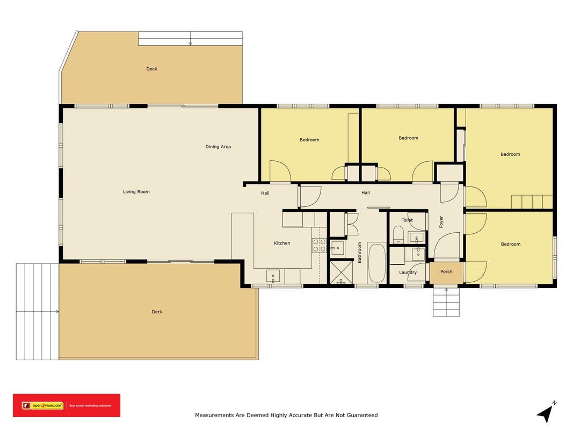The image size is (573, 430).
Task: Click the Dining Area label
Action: (x=218, y=147)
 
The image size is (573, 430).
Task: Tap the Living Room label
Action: (x=136, y=191)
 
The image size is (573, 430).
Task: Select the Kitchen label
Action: (x=282, y=243)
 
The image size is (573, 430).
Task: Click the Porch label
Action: (x=446, y=271)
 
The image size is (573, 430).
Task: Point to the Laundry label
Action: (x=408, y=273)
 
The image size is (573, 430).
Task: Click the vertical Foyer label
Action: (x=441, y=222)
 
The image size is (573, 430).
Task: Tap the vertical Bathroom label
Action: (x=359, y=252)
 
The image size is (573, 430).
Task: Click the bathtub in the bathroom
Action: (x=377, y=262)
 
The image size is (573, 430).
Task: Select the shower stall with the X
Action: (x=342, y=272)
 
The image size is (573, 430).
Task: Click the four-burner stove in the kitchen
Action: (x=319, y=245)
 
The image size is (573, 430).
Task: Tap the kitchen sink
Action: (x=273, y=276)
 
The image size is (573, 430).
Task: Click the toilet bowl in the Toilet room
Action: (x=398, y=234)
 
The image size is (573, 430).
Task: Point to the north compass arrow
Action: (x=546, y=412)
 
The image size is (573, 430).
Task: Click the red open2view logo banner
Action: (x=67, y=405)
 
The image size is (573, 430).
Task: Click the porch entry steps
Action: (x=446, y=302)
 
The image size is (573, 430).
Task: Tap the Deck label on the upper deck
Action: (x=151, y=69)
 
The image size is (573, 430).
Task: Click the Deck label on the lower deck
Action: (x=157, y=312)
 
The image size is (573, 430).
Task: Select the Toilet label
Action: (x=407, y=220)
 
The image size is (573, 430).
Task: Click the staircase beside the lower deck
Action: (x=37, y=312)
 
